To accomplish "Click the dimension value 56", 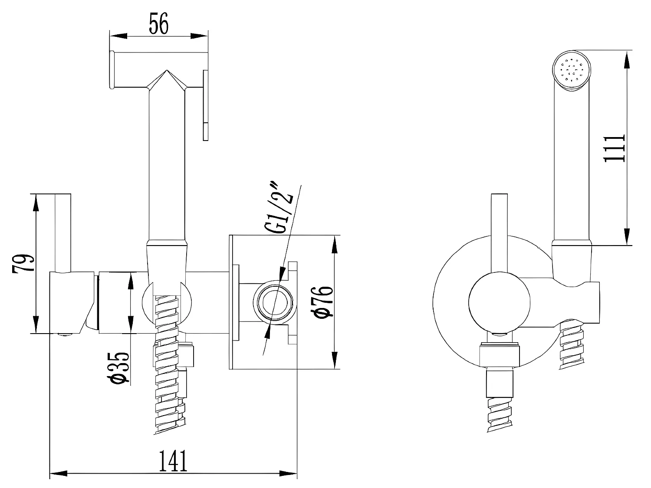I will tap(158, 24).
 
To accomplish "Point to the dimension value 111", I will tap(615, 147).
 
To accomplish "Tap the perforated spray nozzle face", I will tap(572, 70).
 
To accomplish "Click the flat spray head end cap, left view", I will tap(112, 70).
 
